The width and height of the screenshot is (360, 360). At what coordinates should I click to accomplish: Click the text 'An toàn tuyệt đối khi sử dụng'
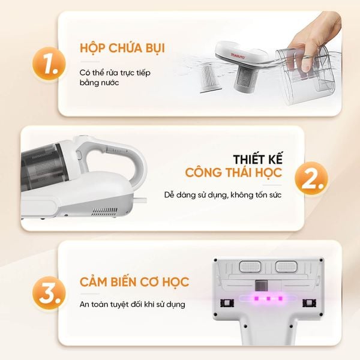[x=133, y=304]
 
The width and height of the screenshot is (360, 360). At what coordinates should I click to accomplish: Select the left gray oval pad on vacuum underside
[x=247, y=266]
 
